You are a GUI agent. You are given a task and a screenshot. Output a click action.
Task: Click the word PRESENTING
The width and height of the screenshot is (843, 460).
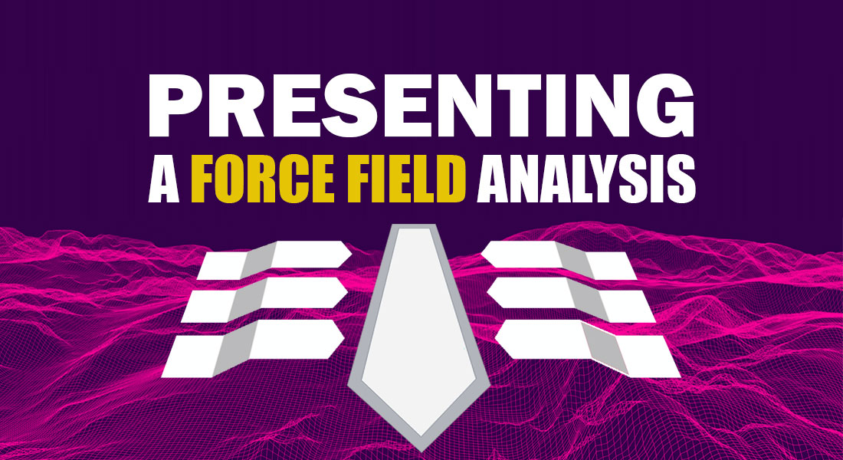point(421,105)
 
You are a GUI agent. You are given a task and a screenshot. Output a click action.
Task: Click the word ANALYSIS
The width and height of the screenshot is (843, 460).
point(586,179)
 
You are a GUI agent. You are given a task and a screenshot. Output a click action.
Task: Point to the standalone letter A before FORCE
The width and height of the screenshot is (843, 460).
point(163,179)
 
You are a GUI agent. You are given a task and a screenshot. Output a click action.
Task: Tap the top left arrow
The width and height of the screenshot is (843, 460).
point(274,261)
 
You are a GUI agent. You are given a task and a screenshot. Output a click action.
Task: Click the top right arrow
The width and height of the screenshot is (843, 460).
point(559,261)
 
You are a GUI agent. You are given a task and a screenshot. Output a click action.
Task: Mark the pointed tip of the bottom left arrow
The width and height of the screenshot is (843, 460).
point(343,339)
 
